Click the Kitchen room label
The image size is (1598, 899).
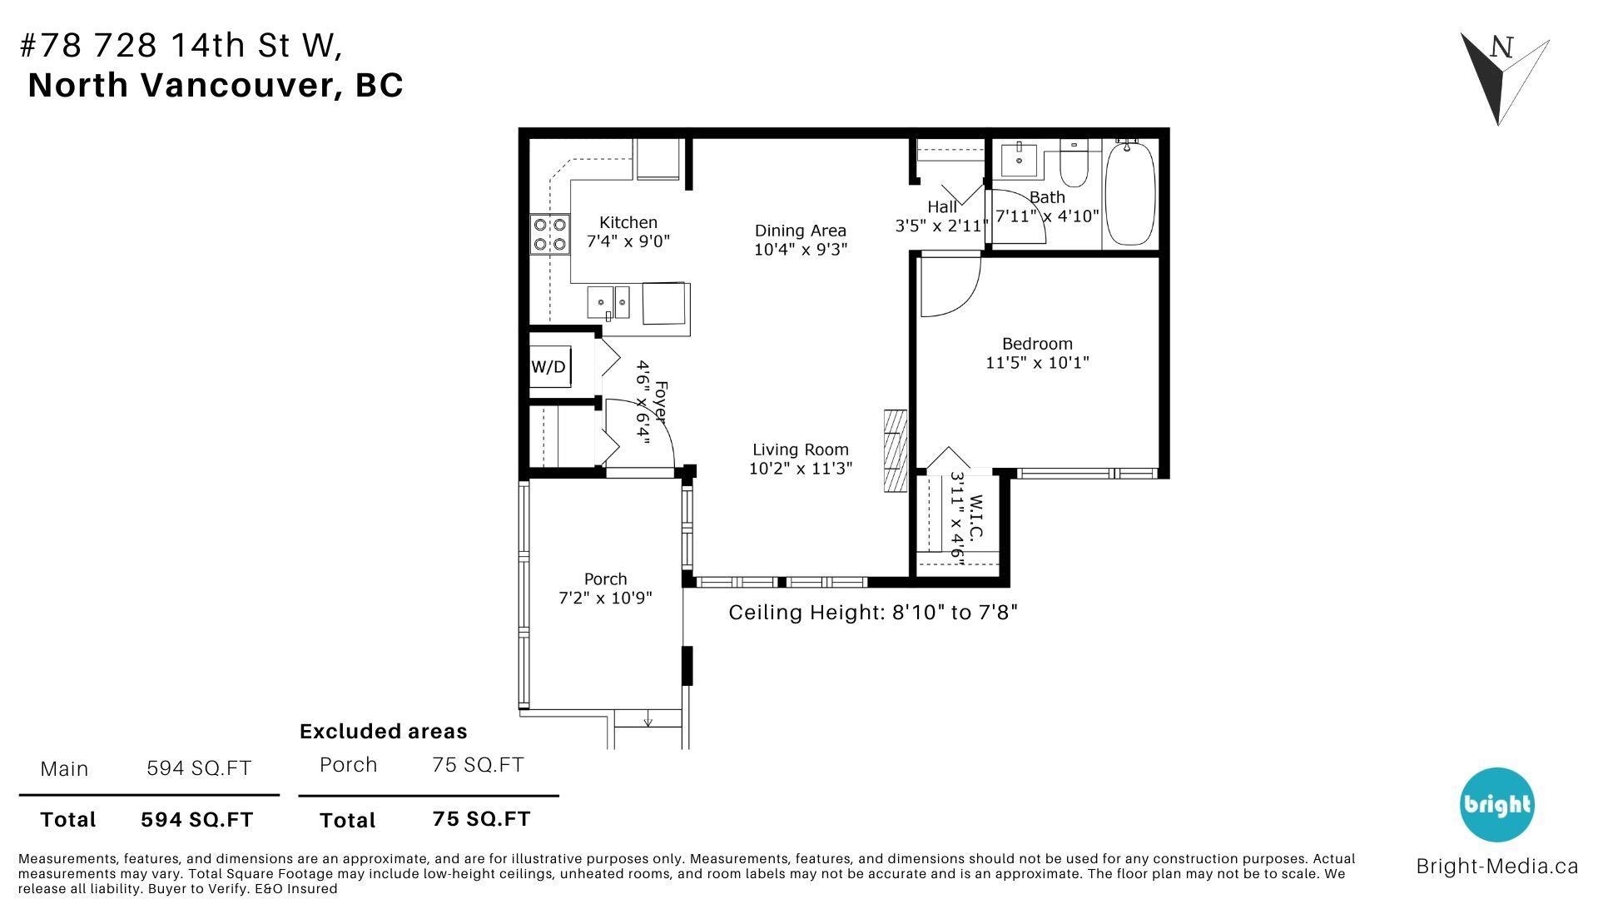click(628, 222)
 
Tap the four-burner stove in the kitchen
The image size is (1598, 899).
click(550, 234)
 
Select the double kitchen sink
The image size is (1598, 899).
click(609, 301)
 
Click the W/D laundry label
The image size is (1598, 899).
click(548, 367)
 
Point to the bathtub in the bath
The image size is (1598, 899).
click(1130, 193)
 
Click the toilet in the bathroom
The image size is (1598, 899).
click(1074, 166)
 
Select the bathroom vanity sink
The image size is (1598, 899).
click(1018, 159)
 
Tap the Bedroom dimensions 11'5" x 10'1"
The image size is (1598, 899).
click(1037, 363)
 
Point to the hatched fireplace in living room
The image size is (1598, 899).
click(896, 451)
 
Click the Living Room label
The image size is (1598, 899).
click(801, 449)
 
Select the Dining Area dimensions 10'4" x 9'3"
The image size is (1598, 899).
click(801, 250)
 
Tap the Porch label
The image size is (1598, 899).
click(605, 579)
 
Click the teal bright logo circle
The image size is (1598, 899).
click(1496, 805)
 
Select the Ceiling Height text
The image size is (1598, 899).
click(873, 613)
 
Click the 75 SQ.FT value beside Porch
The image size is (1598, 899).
click(478, 765)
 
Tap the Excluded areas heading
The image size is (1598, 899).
click(383, 732)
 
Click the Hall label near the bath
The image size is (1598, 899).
click(942, 206)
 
